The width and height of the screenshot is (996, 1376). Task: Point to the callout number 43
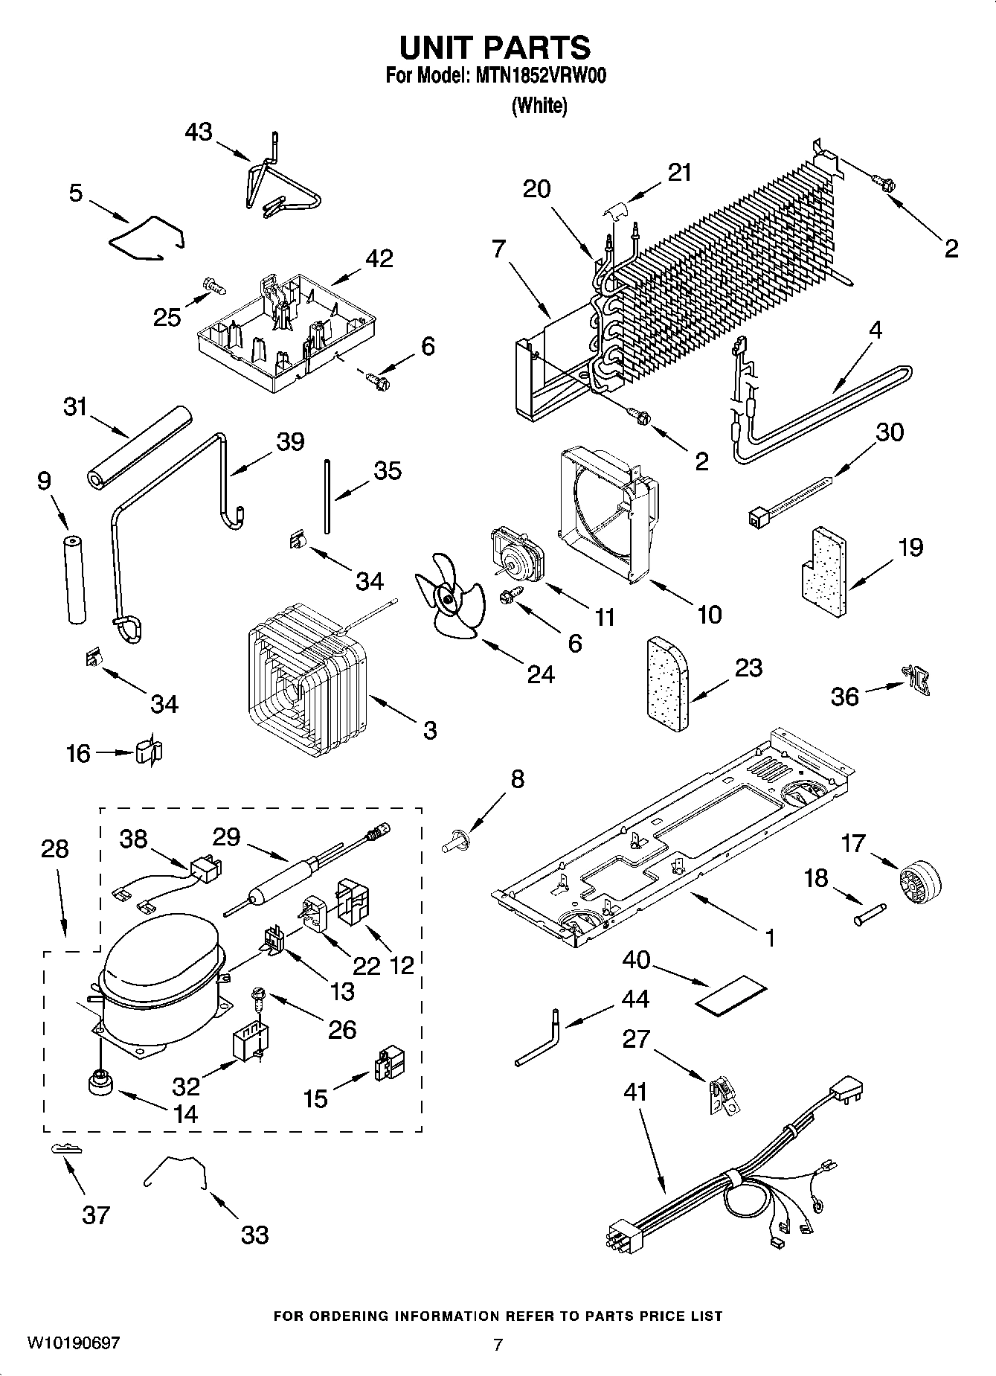[199, 132]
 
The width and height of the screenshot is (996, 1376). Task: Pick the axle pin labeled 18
[870, 915]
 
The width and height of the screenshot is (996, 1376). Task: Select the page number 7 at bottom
[498, 1344]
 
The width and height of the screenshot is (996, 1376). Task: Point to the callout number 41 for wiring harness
[635, 1092]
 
